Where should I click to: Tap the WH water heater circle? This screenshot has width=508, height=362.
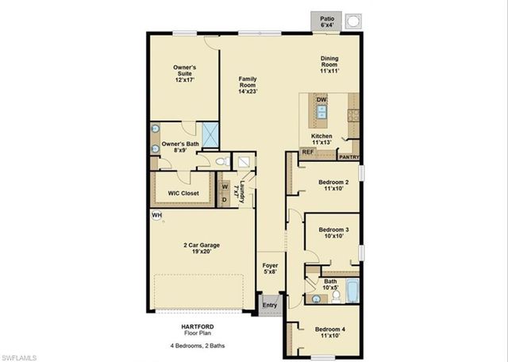(157, 215)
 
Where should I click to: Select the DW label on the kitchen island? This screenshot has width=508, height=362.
(321, 100)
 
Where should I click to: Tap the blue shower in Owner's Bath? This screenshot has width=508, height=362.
(210, 135)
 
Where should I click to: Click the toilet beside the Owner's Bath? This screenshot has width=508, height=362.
(223, 162)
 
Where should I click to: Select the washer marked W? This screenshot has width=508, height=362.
(224, 187)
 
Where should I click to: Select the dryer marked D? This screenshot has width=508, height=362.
(224, 198)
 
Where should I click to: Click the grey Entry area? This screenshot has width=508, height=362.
(270, 305)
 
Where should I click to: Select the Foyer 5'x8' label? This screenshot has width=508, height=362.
(270, 268)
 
